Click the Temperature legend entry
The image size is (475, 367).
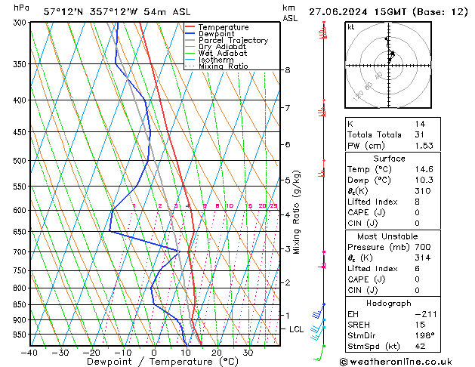[x=223, y=27]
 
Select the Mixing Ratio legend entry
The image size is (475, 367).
[x=223, y=66]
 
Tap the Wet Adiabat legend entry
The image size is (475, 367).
[x=223, y=54]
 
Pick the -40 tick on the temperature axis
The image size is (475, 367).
[x=29, y=353]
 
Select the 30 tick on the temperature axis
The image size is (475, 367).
[x=248, y=353]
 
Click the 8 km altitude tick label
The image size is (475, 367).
[x=287, y=70]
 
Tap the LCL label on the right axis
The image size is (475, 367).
[x=297, y=329]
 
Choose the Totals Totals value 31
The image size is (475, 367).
[x=420, y=134]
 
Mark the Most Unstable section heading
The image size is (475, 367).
[x=389, y=236]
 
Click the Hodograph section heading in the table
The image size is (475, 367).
[x=389, y=302]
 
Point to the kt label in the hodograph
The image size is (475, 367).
[x=351, y=26]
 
